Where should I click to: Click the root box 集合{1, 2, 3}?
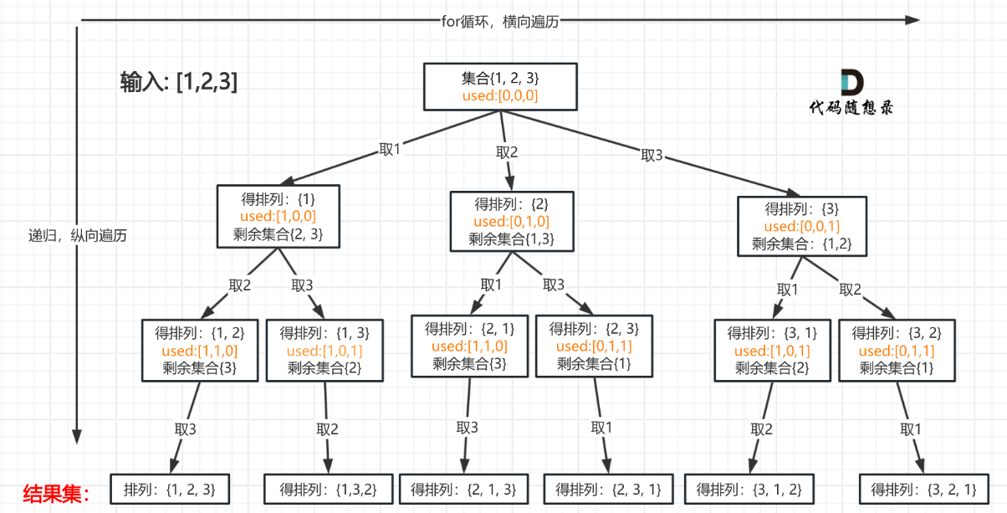coord(500,86)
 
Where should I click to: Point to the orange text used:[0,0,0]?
coord(500,96)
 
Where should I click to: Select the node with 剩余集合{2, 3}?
coord(278,217)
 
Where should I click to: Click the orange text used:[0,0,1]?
coord(801,226)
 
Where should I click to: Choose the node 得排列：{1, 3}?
coord(325,350)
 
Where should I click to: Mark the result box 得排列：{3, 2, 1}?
coord(923,490)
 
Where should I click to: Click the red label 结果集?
coord(54,493)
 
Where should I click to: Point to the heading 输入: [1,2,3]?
coord(179,82)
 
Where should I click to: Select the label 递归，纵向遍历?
coord(78,235)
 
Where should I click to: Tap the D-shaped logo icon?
coord(851,82)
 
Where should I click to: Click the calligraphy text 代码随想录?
coord(851,108)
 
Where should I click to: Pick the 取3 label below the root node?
coord(652,155)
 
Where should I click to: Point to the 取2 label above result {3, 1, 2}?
coord(761,429)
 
